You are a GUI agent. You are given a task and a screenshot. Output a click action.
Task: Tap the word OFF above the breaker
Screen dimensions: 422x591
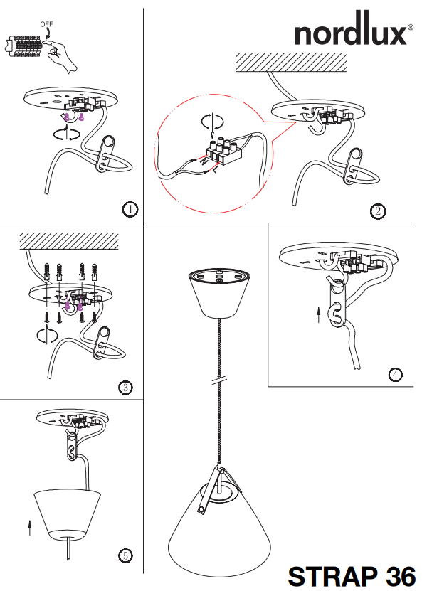(47, 24)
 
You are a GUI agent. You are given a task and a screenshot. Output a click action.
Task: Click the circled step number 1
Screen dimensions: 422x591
(130, 209)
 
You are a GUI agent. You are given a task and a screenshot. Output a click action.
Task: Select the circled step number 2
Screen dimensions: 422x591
(378, 211)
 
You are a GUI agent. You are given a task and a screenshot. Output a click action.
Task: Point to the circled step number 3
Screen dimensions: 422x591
(125, 388)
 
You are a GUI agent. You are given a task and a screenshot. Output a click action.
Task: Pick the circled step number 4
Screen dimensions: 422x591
(395, 375)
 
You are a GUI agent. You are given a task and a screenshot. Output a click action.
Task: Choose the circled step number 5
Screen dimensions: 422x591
(125, 555)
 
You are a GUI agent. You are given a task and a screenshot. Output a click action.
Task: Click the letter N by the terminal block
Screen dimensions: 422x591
(204, 161)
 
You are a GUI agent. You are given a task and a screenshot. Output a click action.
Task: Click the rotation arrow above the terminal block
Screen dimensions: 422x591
(212, 122)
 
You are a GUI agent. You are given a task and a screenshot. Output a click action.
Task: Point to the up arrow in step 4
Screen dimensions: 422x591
(318, 315)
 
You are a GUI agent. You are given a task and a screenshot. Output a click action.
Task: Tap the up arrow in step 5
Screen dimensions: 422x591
(30, 527)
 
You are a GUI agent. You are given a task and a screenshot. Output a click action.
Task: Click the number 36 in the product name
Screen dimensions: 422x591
(400, 577)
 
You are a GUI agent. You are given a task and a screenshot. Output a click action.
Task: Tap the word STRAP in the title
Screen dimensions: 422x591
(332, 577)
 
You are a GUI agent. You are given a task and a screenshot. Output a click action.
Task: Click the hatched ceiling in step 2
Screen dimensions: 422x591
(291, 62)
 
